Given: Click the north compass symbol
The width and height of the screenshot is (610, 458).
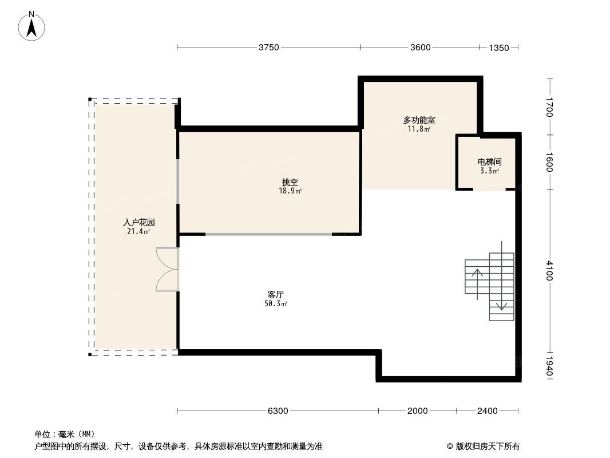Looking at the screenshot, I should pyautogui.click(x=32, y=25).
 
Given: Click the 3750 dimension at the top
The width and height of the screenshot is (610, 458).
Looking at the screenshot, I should pyautogui.click(x=268, y=48).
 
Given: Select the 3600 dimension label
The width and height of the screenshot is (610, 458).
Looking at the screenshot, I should pyautogui.click(x=420, y=48).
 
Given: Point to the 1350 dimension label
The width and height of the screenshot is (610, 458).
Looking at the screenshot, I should pyautogui.click(x=498, y=48).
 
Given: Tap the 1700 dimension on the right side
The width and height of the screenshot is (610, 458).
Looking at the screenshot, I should pyautogui.click(x=549, y=107).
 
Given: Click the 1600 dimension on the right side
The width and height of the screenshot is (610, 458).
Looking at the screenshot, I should pyautogui.click(x=549, y=161).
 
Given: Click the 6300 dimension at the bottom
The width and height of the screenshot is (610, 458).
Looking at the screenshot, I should pyautogui.click(x=278, y=410).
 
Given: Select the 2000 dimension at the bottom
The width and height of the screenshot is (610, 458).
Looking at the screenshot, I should pyautogui.click(x=418, y=410).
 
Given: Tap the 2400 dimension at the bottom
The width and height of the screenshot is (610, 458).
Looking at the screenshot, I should pyautogui.click(x=488, y=410).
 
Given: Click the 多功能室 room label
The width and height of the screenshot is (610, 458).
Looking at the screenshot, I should pyautogui.click(x=419, y=120).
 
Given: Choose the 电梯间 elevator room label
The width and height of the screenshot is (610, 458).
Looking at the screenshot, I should pyautogui.click(x=489, y=162).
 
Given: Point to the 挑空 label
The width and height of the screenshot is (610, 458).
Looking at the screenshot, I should pyautogui.click(x=290, y=182).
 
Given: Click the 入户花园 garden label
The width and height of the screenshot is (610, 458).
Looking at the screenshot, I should pyautogui.click(x=139, y=222).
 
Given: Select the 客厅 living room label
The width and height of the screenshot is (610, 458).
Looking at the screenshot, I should pyautogui.click(x=275, y=294).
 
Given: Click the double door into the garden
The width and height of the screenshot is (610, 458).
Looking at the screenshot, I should pyautogui.click(x=167, y=270).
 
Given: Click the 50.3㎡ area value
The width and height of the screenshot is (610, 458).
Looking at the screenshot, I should pyautogui.click(x=275, y=304).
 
